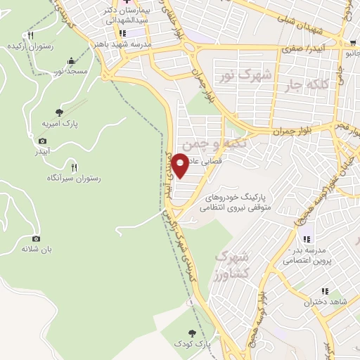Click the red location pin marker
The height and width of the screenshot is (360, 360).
coord(181,166)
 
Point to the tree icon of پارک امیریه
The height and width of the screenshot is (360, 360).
coord(59,111)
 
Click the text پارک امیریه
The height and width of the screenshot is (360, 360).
coord(59,123)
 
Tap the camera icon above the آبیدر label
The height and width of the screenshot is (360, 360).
coord(41,141)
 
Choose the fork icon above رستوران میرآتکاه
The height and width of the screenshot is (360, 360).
coord(74,167)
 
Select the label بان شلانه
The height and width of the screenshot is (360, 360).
coord(37,249)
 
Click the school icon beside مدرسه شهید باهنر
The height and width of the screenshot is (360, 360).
coord(122,33)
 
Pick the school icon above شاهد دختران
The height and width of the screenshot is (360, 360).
coord(325,290)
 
